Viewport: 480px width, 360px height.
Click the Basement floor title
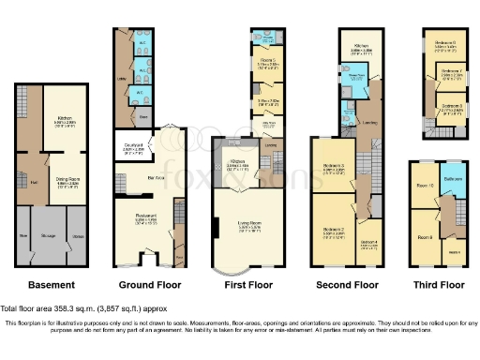51,284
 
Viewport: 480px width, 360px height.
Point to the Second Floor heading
346,284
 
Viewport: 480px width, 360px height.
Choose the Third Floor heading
439,284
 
